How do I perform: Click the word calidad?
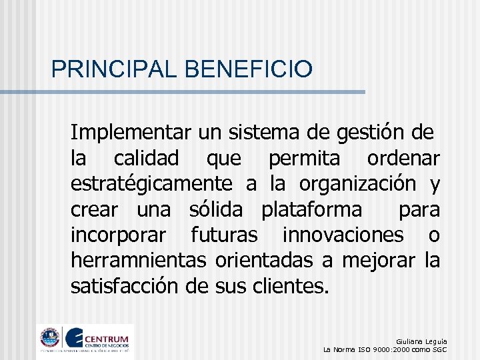pyautogui.click(x=146, y=158)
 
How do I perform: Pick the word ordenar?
pyautogui.click(x=403, y=158)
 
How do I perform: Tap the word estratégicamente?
pyautogui.click(x=151, y=183)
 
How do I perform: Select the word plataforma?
pyautogui.click(x=312, y=209)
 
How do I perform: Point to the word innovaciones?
pyautogui.click(x=343, y=235)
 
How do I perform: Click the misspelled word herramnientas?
pyautogui.click(x=139, y=260)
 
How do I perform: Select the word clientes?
pyautogui.click(x=291, y=285)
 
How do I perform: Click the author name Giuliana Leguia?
pyautogui.click(x=421, y=341)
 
